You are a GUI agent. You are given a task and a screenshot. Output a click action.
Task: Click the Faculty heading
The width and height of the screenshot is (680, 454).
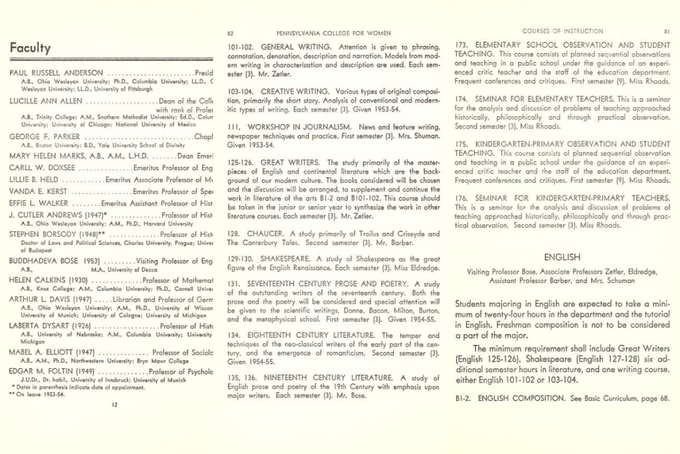point(31,48)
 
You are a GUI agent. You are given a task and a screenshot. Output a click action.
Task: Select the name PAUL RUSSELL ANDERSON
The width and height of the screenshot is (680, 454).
point(56,72)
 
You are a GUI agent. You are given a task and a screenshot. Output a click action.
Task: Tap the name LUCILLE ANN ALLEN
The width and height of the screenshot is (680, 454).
point(46,101)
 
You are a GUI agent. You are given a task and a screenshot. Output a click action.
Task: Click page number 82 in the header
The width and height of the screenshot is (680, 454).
point(230,33)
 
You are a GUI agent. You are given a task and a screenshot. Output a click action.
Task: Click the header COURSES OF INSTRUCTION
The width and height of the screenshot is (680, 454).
point(562,31)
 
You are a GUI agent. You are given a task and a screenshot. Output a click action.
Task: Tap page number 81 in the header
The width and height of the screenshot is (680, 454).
point(667,31)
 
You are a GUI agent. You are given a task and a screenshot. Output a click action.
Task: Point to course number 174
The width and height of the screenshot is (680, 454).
point(462,98)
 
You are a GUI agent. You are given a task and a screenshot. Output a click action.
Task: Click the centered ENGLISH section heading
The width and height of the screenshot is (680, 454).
point(562,257)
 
